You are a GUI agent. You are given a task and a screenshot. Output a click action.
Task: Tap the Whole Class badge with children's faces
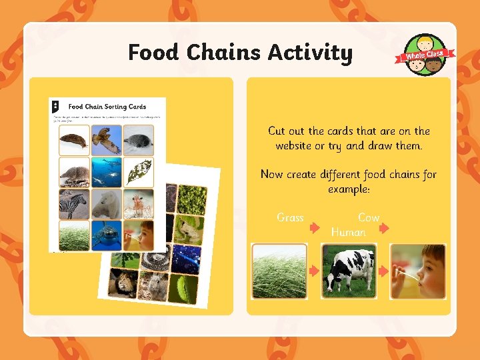pos(427,55)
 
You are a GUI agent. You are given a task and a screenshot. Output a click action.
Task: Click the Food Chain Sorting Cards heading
pos(107,107)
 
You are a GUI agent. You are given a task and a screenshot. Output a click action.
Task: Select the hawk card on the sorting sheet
pos(107,140)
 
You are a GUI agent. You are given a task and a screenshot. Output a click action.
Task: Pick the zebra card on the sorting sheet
pos(73,204)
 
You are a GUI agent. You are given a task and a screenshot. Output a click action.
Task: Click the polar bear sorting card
pos(107,204)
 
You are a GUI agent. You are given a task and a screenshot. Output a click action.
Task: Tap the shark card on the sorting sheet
pos(107,235)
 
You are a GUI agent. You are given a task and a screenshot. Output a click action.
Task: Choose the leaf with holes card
pos(139,172)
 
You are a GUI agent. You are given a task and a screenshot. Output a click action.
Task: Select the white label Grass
pos(290,218)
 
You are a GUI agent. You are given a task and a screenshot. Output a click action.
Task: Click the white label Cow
pos(369,218)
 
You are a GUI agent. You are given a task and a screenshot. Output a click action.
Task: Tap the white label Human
pos(348,232)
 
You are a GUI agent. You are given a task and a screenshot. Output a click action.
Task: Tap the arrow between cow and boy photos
pos(383,271)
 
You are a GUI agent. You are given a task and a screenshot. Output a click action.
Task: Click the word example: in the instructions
pos(349,189)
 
